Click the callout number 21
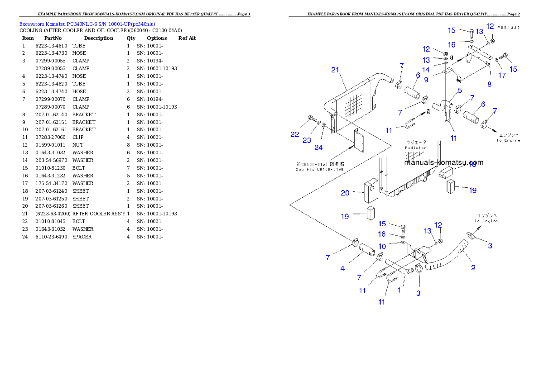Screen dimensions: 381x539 [x=335, y=70]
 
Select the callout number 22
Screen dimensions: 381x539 [x=295, y=134]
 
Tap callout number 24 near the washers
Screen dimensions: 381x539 [x=318, y=147]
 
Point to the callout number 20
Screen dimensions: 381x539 [x=345, y=193]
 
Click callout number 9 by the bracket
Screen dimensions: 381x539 [x=426, y=79]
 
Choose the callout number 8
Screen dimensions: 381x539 [x=489, y=84]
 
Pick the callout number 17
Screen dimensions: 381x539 [x=502, y=76]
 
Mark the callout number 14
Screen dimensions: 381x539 [x=426, y=70]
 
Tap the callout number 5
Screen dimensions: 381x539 [x=460, y=90]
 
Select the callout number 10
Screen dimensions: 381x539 [x=382, y=246]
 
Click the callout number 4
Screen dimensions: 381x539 [x=342, y=268]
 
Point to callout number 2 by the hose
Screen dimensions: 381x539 [x=473, y=267]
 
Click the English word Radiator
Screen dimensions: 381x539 [x=415, y=148]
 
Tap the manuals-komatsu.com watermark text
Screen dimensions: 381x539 [x=443, y=162]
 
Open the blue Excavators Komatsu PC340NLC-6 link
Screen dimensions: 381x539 [x=87, y=24]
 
